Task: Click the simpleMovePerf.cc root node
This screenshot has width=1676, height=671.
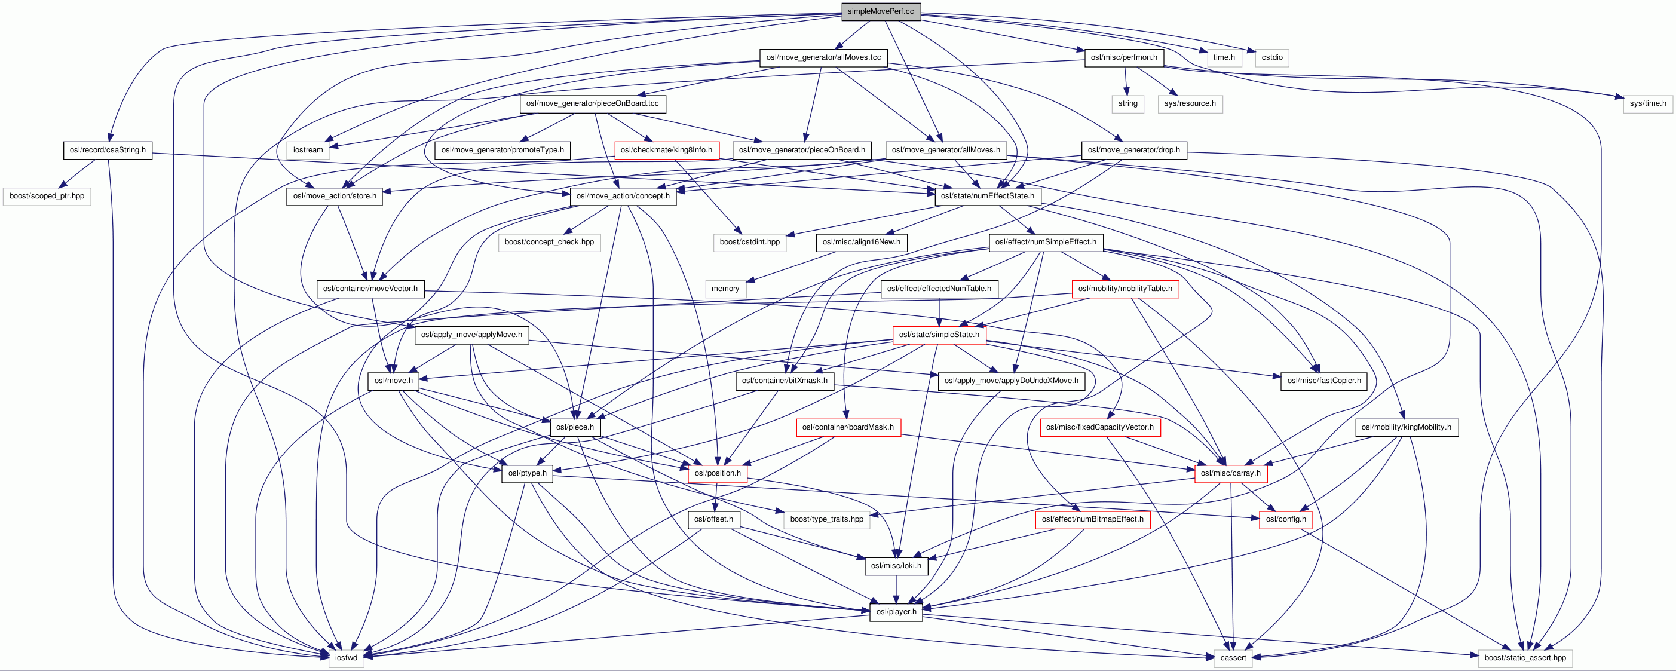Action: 880,11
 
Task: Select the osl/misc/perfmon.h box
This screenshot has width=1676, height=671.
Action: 1124,57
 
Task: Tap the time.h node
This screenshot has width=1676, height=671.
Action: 1224,57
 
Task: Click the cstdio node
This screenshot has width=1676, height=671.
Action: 1271,57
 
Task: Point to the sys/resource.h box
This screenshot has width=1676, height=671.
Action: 1190,103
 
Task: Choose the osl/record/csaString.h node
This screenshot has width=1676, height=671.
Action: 108,150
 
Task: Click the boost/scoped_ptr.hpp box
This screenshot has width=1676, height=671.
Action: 47,196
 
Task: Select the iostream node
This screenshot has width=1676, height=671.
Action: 308,150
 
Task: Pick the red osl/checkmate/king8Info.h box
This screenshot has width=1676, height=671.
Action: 666,150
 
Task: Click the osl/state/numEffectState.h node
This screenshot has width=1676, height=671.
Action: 987,196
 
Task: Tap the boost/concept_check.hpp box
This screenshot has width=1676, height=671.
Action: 549,242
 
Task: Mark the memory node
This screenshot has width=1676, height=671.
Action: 725,289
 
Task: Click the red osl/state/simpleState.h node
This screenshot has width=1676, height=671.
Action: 939,335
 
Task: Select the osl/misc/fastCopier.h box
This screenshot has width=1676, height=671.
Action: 1323,381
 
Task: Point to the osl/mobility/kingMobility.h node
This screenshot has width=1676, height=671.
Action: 1406,427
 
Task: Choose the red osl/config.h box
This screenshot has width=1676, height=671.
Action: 1285,519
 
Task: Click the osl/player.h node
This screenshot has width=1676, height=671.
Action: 896,612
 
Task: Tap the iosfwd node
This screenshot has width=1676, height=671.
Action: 346,658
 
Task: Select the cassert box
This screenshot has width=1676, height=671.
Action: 1232,658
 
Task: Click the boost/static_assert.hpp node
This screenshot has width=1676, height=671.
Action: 1524,658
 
